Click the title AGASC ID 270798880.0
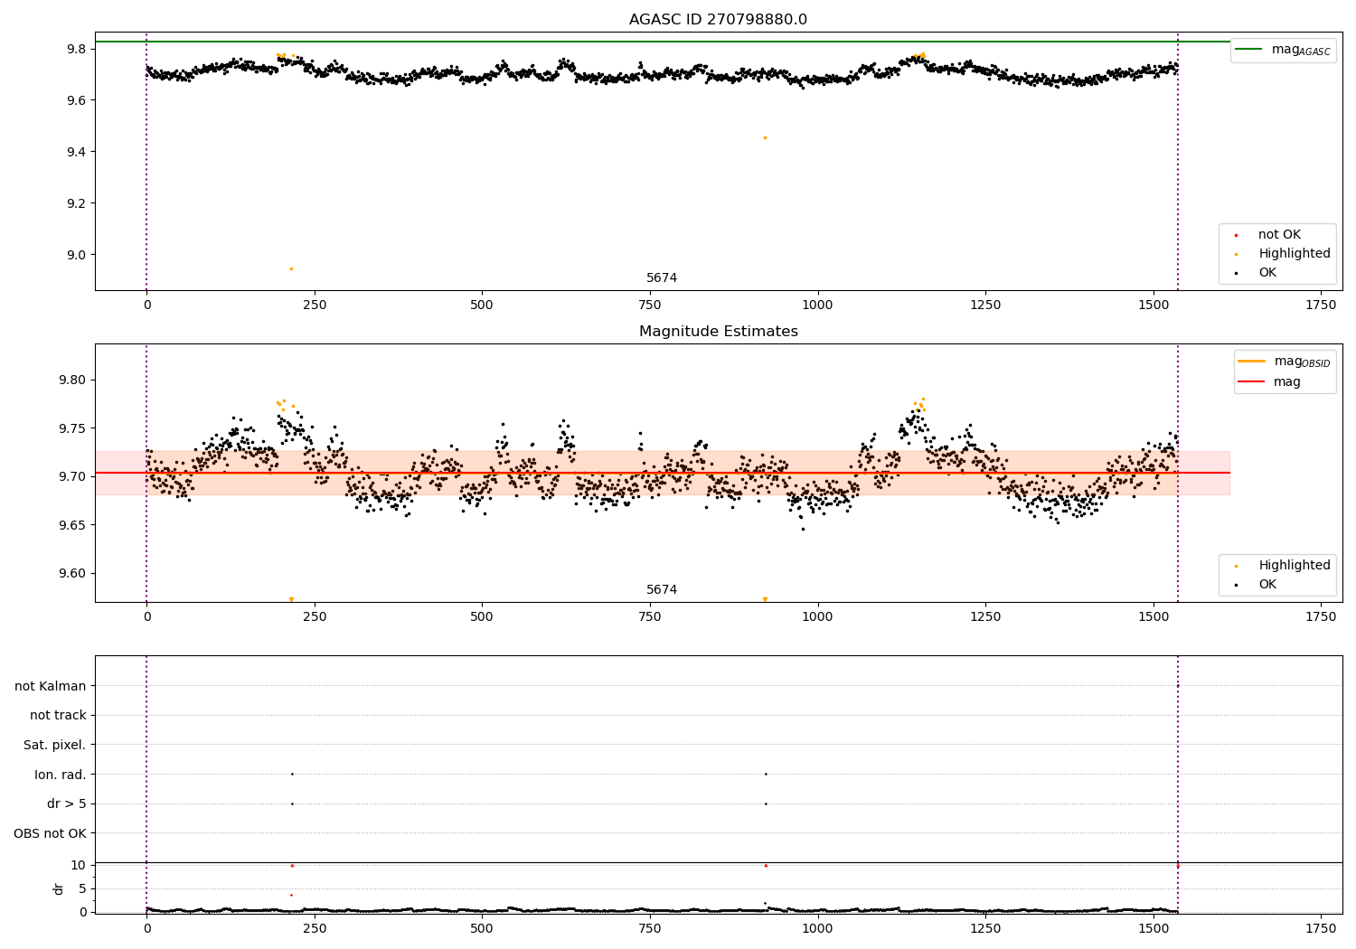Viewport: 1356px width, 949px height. click(x=718, y=20)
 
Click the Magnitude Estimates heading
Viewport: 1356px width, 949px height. click(x=718, y=332)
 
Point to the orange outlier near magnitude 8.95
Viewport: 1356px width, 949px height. click(x=291, y=268)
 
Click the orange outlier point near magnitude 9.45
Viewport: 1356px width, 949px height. click(x=765, y=137)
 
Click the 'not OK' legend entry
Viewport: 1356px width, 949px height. click(x=1279, y=235)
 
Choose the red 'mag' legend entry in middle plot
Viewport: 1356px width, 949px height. click(x=1286, y=381)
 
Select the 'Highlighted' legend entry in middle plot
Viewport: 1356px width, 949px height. click(x=1294, y=566)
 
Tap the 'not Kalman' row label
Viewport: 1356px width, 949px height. click(x=51, y=686)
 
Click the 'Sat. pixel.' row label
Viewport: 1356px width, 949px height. click(x=55, y=745)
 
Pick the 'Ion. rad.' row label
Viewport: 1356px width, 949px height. click(x=61, y=775)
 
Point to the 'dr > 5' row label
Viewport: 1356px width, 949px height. click(x=66, y=803)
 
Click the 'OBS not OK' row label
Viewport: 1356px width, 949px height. click(x=50, y=833)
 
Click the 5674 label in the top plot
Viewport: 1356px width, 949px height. click(x=662, y=277)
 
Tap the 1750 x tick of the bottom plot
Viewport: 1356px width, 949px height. click(x=1321, y=928)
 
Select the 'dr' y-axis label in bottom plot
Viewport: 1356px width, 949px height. click(x=59, y=888)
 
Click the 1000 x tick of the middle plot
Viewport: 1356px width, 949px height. click(x=817, y=616)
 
